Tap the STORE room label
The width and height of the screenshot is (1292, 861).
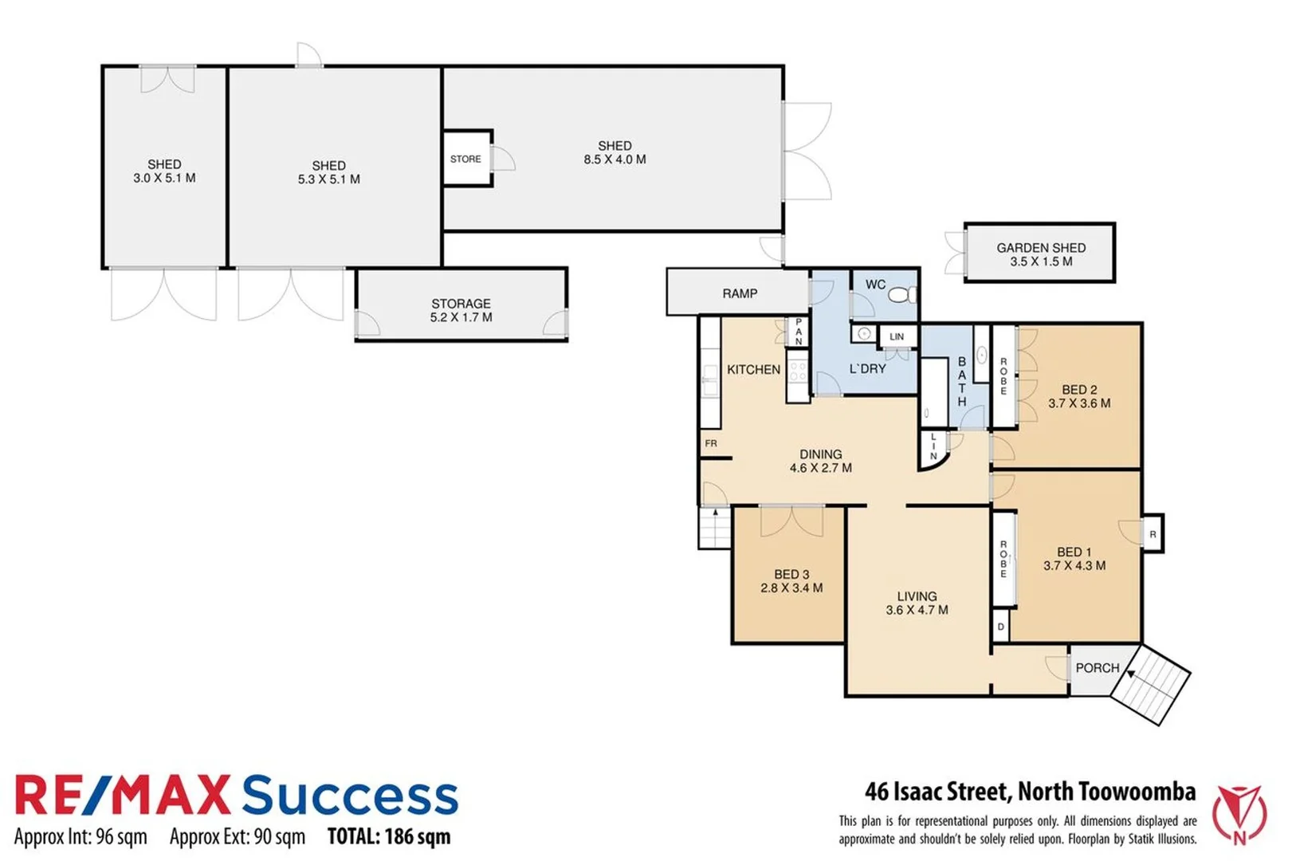coord(465,159)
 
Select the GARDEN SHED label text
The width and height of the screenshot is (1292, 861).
coord(1040,248)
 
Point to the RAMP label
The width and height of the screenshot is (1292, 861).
coord(740,293)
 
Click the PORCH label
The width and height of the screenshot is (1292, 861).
coord(1097,668)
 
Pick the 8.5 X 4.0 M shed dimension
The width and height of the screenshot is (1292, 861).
coord(615,159)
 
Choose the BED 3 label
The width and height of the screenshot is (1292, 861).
coord(791,574)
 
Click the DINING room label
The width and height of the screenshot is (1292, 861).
coord(820,454)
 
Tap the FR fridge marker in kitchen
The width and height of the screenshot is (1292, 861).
coord(711,443)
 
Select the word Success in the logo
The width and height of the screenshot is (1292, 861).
coord(350,796)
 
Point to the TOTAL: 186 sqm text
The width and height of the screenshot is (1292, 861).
coord(389,836)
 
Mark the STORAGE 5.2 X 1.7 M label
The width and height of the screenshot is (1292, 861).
coord(461,310)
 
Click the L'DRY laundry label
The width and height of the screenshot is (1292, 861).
coord(867,369)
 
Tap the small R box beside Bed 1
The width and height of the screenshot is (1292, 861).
coord(1153,534)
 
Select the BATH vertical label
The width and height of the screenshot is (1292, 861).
coord(962,382)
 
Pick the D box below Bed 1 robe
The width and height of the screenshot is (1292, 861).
coord(1001,627)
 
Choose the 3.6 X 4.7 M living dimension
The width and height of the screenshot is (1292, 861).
coord(917,611)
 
